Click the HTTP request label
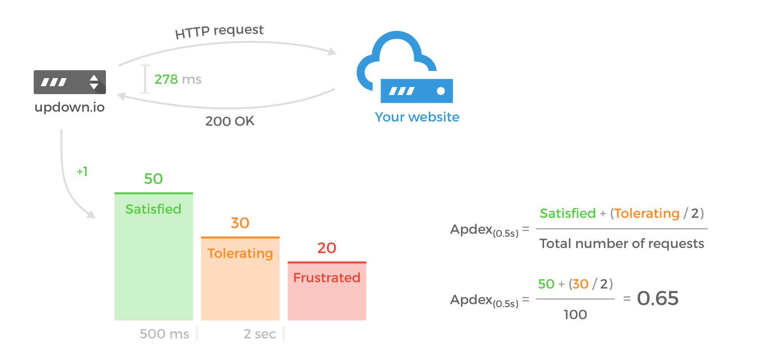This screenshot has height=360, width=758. point(219,31)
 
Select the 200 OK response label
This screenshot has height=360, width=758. point(230,121)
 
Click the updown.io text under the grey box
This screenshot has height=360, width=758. point(70,107)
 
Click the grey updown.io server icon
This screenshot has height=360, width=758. point(70,82)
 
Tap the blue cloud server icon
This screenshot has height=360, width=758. point(405,70)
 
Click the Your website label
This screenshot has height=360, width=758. point(417,117)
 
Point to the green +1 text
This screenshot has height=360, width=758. point(82,171)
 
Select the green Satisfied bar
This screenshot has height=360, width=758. point(154,263)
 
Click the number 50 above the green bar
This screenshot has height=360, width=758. point(153,179)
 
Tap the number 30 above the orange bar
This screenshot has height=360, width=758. point(240,223)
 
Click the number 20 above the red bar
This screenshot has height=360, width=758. point(327,248)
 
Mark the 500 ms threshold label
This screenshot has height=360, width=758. point(164,334)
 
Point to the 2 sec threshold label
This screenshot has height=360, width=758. point(259,334)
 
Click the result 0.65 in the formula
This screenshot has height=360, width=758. point(657,298)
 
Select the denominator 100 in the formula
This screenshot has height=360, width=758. point(575,315)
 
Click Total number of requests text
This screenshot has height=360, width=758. point(621,244)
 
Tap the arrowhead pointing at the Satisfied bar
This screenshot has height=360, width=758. point(91,214)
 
